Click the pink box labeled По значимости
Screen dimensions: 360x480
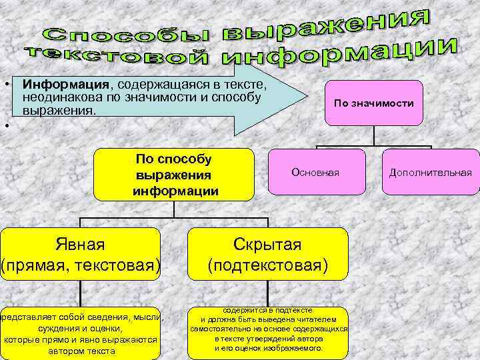tap(374, 103)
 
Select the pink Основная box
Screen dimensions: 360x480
tap(316, 172)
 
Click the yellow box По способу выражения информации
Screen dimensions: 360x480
tap(174, 175)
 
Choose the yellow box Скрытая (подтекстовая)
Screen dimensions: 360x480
tap(268, 254)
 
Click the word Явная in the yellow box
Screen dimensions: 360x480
tap(81, 244)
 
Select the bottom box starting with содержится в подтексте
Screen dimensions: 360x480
tap(268, 329)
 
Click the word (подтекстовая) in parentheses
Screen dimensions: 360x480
tap(267, 265)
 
